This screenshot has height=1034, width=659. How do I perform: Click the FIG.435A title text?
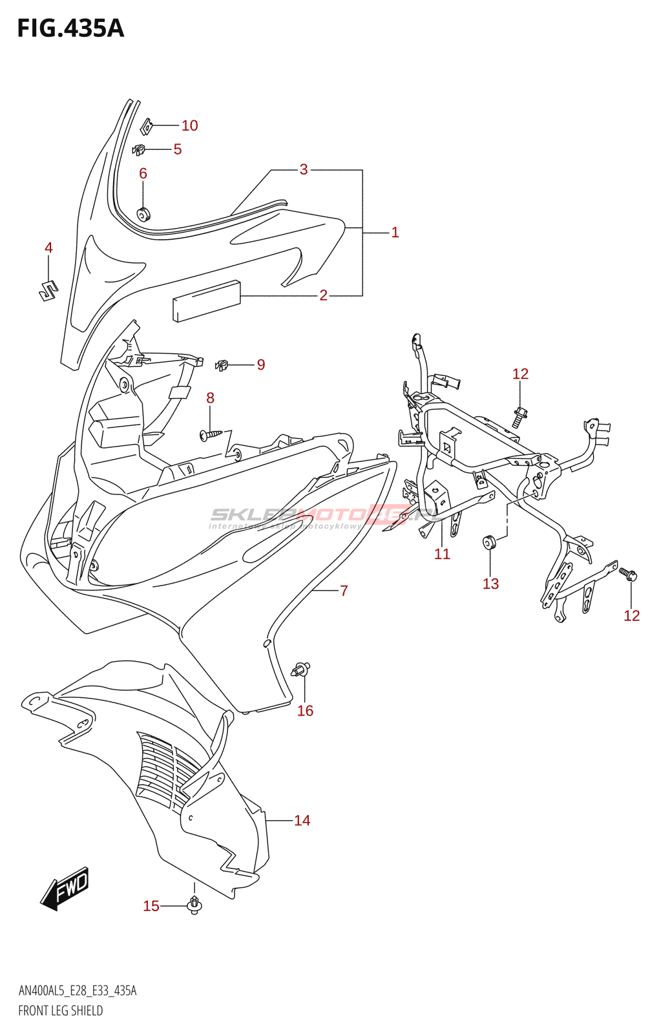(x=70, y=28)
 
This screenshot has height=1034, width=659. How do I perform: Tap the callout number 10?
(x=189, y=125)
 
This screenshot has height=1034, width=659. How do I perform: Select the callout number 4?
(x=48, y=248)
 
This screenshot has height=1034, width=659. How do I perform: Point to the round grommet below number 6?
(x=143, y=213)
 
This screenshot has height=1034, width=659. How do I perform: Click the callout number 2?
(x=324, y=295)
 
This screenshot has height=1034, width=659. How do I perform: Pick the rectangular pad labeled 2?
(x=206, y=300)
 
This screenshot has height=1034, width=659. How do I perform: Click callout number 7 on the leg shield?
(x=344, y=590)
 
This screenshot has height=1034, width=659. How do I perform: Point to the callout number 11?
(x=442, y=554)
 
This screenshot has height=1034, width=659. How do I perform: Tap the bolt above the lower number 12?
(x=628, y=573)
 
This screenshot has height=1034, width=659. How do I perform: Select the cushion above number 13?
(x=489, y=542)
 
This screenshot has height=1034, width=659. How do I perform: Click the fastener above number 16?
(x=302, y=669)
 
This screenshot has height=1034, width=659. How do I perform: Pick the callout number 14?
(x=302, y=820)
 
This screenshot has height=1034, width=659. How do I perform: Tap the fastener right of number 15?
(x=194, y=905)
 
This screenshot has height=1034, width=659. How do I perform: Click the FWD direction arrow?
(x=65, y=889)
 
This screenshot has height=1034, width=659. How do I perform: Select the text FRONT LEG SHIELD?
(x=61, y=1011)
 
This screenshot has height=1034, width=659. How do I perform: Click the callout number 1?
(x=395, y=232)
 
